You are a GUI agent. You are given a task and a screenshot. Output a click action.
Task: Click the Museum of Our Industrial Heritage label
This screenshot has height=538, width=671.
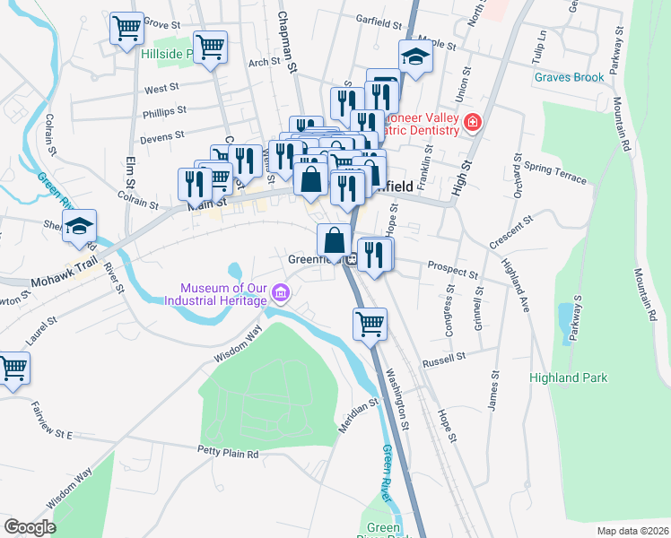224,294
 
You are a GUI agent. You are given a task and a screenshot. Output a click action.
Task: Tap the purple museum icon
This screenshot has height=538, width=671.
281,292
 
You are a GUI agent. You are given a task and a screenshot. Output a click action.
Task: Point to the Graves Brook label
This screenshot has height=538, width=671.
569,77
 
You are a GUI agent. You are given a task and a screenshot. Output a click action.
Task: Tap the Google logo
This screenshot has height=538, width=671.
30,526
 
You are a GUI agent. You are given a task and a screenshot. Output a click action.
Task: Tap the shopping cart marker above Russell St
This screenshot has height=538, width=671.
370,325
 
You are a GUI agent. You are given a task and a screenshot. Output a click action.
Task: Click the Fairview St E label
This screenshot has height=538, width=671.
38,434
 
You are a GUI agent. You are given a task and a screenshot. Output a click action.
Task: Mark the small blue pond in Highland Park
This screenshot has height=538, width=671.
567,321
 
